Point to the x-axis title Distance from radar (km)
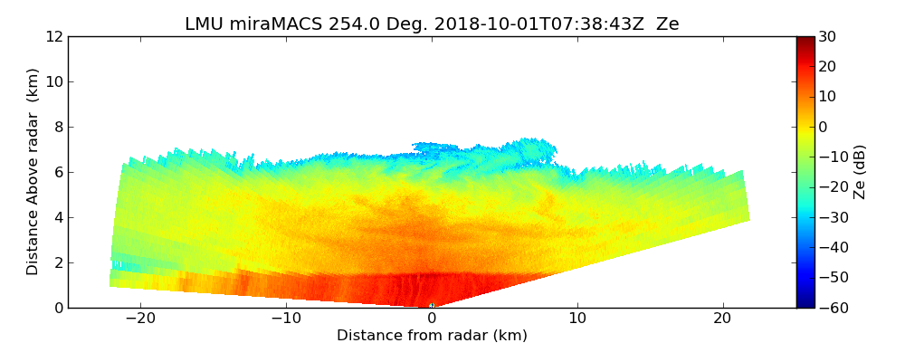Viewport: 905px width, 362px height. pyautogui.click(x=432, y=336)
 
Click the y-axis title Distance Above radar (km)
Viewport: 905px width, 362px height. pyautogui.click(x=33, y=171)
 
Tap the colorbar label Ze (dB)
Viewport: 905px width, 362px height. pyautogui.click(x=861, y=171)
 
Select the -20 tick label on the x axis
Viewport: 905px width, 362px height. pyautogui.click(x=140, y=319)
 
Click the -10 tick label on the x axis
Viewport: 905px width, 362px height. pyautogui.click(x=286, y=319)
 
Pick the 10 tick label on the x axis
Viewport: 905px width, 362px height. pyautogui.click(x=577, y=319)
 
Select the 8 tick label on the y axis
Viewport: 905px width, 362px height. pyautogui.click(x=58, y=128)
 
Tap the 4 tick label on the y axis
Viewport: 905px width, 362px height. pyautogui.click(x=58, y=218)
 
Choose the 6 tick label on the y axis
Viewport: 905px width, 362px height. pyautogui.click(x=58, y=173)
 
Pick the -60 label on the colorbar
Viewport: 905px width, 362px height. pyautogui.click(x=832, y=308)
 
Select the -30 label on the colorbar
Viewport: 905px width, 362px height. pyautogui.click(x=832, y=217)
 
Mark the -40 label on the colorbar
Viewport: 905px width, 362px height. pyautogui.click(x=832, y=248)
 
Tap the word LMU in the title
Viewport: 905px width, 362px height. pyautogui.click(x=204, y=24)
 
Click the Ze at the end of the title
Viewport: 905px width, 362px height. pyautogui.click(x=667, y=24)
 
